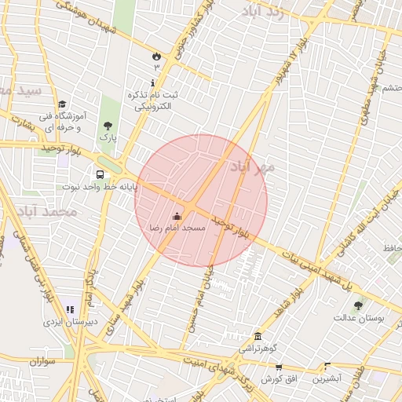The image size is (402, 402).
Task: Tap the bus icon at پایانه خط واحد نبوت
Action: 100,174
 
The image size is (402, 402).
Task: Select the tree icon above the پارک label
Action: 108,125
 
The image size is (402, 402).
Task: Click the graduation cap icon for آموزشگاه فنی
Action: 62,104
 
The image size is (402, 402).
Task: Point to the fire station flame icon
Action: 156,56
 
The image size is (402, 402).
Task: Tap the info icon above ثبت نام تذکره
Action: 152,82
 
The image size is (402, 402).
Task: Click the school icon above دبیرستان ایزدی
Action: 70,310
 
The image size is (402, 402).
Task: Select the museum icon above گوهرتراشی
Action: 258,335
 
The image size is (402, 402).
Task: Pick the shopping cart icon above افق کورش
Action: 279,367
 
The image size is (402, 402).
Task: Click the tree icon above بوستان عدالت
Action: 359,305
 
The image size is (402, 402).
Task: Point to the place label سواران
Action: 45,361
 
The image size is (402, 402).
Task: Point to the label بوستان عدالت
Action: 358,318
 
